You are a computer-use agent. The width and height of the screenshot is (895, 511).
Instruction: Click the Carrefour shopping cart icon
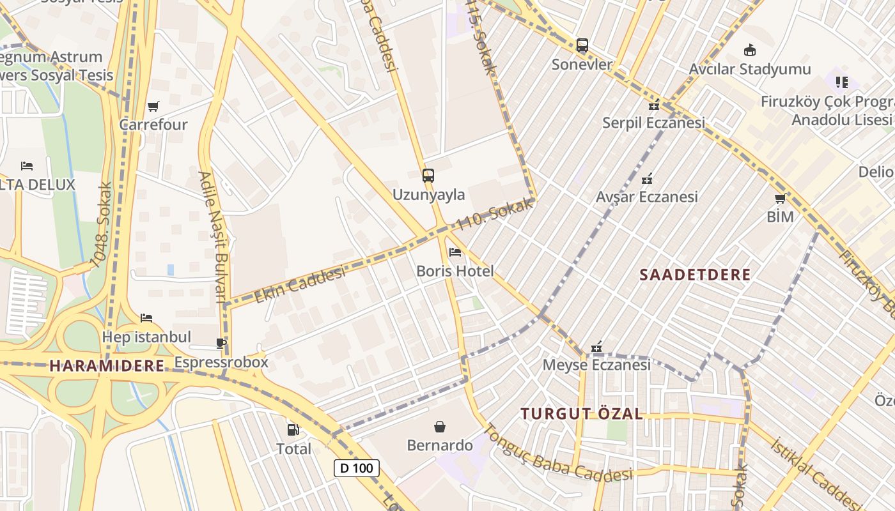[x=153, y=106]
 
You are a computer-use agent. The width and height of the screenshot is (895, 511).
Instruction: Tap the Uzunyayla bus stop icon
[x=428, y=175]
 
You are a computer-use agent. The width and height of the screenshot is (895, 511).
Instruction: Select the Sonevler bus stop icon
[x=582, y=45]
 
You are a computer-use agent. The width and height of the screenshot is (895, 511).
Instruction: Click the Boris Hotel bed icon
[x=455, y=252]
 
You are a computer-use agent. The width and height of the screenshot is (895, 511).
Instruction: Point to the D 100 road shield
[x=357, y=468]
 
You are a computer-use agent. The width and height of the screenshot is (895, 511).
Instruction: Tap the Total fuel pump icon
[x=293, y=430]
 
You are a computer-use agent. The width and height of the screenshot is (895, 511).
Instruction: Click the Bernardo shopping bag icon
[x=440, y=426]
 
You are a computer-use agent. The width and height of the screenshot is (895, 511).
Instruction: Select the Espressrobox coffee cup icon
[x=221, y=344]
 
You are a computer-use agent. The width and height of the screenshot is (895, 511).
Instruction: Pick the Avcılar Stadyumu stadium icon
[x=750, y=50]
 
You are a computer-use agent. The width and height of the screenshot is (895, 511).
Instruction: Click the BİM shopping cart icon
[x=780, y=198]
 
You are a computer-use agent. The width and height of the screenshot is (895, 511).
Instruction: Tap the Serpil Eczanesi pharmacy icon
[x=653, y=105]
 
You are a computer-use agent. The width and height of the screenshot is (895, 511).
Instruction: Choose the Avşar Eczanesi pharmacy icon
[x=647, y=178]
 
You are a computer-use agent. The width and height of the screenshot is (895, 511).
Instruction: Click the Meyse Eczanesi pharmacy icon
[x=596, y=347]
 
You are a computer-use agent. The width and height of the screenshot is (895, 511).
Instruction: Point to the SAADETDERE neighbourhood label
[x=695, y=275]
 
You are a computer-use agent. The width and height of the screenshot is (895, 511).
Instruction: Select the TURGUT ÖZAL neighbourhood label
[x=581, y=413]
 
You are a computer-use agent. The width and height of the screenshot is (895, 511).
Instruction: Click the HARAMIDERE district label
[x=107, y=366]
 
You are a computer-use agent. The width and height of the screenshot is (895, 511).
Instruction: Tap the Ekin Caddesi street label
[x=300, y=284]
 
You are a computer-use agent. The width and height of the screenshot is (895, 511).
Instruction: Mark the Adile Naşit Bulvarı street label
[x=213, y=236]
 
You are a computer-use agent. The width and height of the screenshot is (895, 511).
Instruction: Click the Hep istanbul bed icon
[x=146, y=318]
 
